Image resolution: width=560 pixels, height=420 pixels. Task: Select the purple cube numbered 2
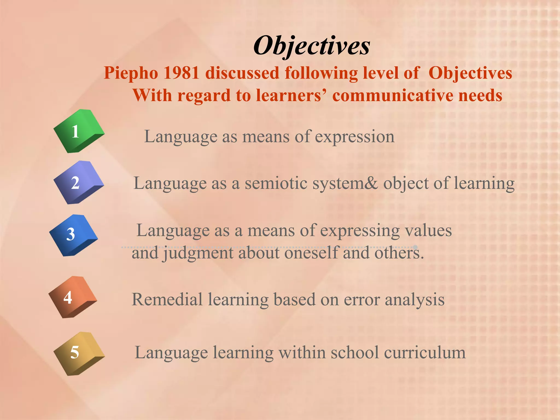pos(78,182)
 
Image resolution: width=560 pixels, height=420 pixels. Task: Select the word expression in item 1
pos(354,136)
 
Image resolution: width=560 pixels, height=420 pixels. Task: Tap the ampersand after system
pos(371,183)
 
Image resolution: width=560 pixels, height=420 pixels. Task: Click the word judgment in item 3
pos(198,253)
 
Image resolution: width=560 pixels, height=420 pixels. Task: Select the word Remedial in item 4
pos(167,299)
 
